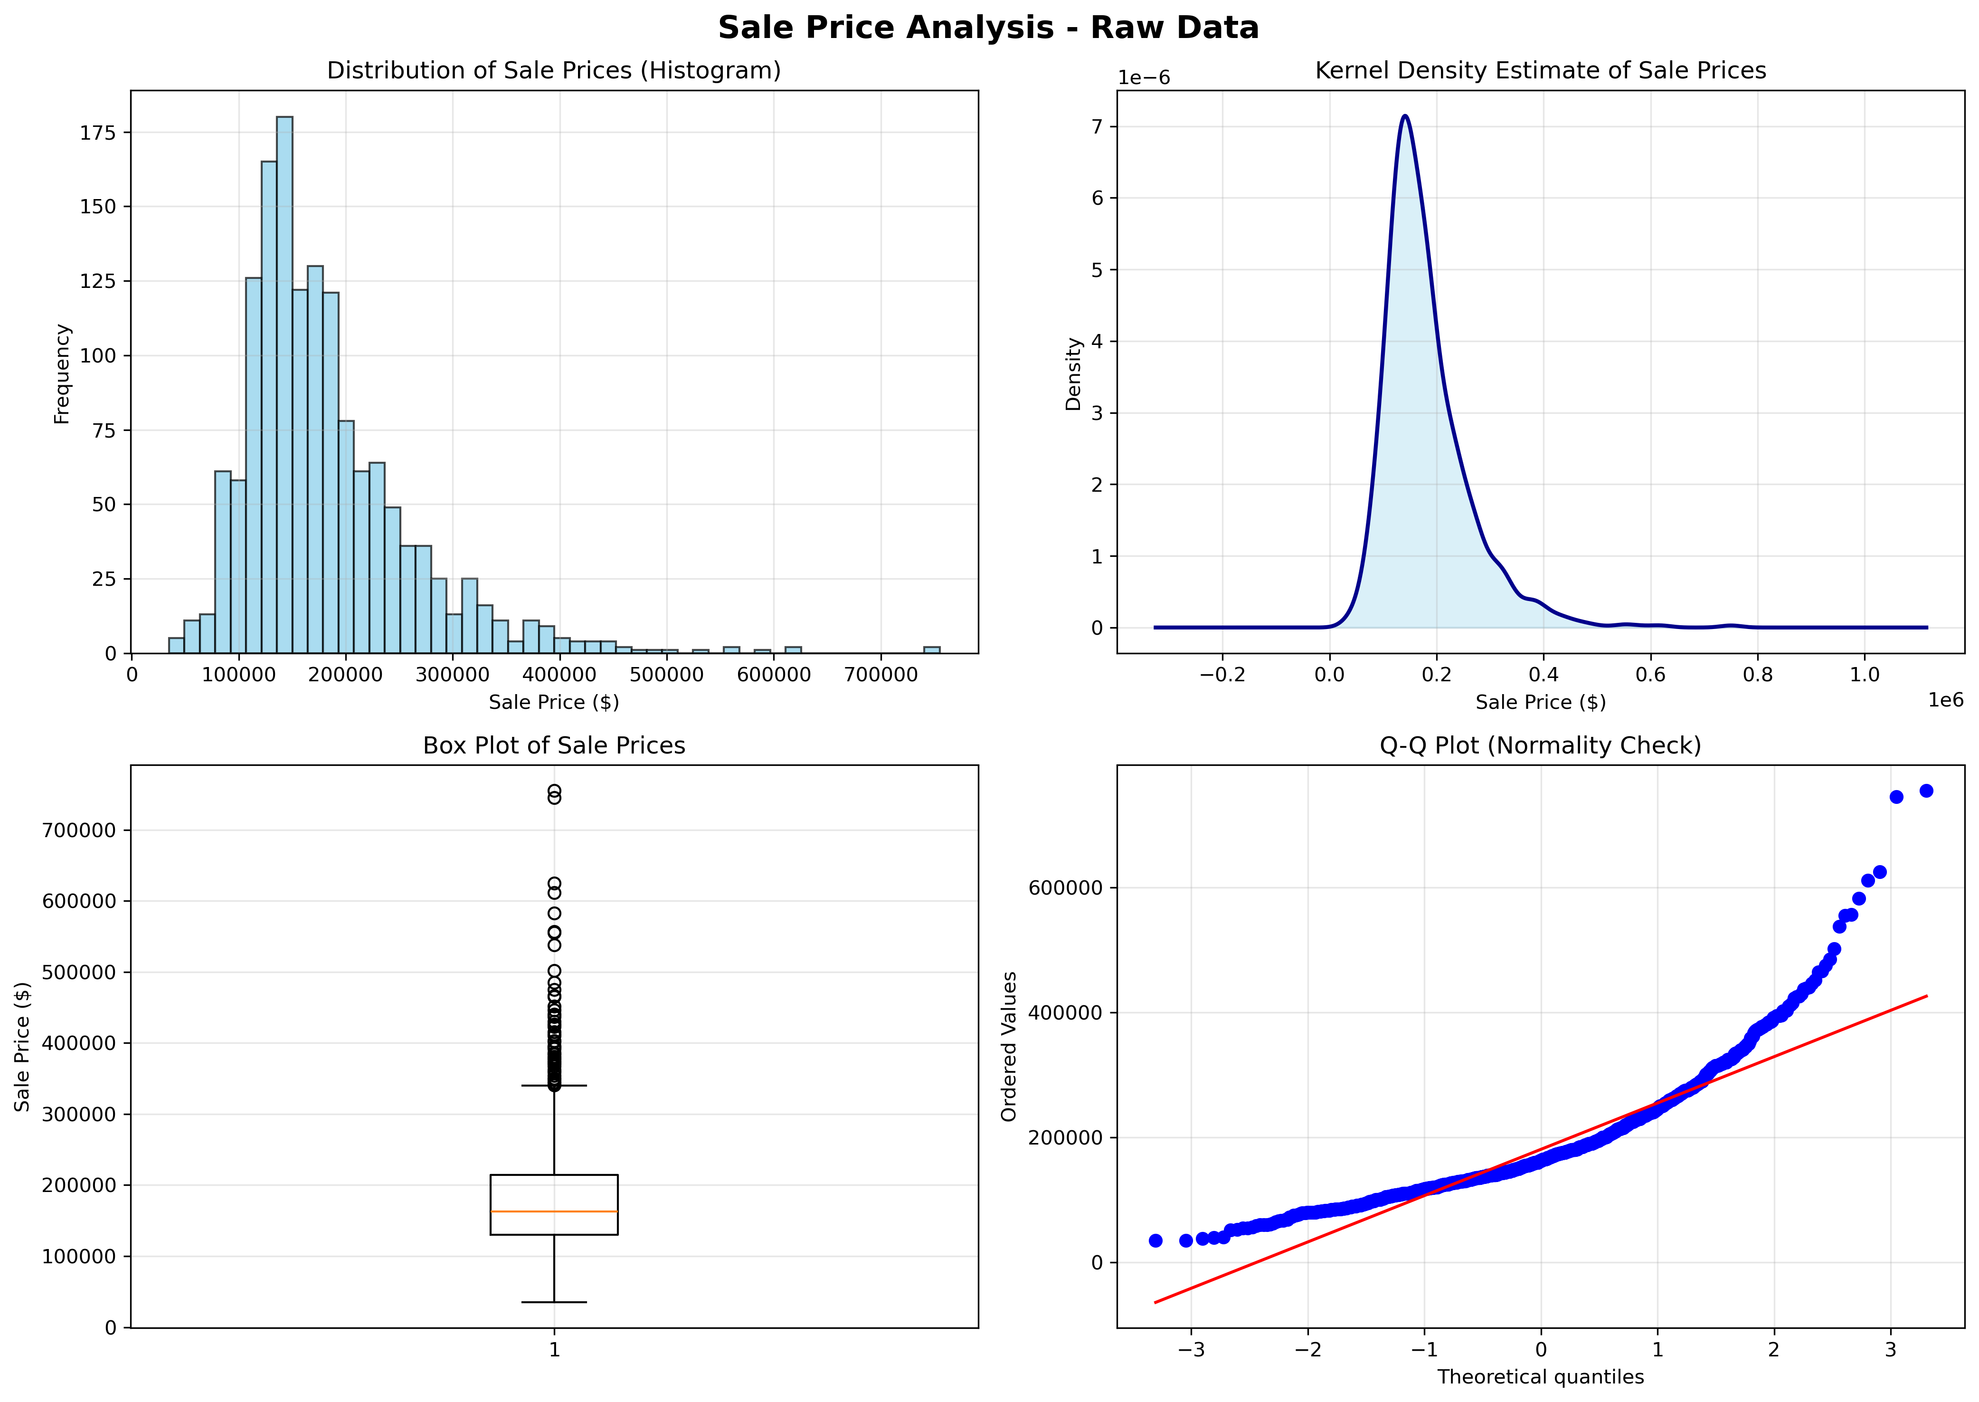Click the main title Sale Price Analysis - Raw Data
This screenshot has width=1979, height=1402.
click(988, 28)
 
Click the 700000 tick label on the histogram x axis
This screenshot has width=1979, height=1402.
click(881, 674)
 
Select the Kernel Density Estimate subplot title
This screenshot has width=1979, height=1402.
click(1541, 71)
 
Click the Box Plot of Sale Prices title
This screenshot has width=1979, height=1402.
click(554, 746)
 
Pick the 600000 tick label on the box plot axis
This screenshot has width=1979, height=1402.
click(78, 901)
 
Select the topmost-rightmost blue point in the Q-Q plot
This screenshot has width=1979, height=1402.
click(1925, 791)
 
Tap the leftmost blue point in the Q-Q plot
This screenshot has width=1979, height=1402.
click(1155, 1240)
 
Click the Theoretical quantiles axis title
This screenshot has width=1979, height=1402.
click(1541, 1377)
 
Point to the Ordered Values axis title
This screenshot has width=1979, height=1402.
click(1009, 1046)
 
